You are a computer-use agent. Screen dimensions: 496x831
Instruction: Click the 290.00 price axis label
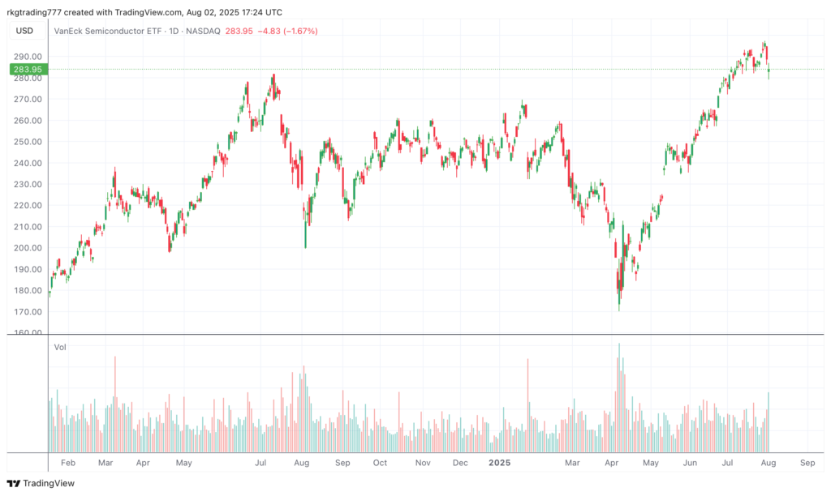pos(28,57)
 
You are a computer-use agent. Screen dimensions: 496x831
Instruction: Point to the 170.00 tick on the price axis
pos(28,311)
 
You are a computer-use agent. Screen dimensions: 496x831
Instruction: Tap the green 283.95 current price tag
pos(28,70)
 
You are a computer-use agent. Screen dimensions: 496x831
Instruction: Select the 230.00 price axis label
pos(28,184)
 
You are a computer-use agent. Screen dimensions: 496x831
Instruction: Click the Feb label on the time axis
pos(67,462)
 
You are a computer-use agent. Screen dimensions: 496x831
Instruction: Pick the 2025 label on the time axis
pos(499,462)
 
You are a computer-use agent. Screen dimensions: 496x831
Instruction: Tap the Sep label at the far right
pos(807,462)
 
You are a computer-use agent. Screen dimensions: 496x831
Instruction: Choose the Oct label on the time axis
pos(380,462)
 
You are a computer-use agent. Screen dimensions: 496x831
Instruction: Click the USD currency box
pos(25,31)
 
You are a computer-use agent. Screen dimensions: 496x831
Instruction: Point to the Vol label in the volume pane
pos(60,347)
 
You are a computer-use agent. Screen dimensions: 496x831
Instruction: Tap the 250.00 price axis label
pos(28,142)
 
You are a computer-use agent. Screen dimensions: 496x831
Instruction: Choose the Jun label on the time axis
pos(690,462)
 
